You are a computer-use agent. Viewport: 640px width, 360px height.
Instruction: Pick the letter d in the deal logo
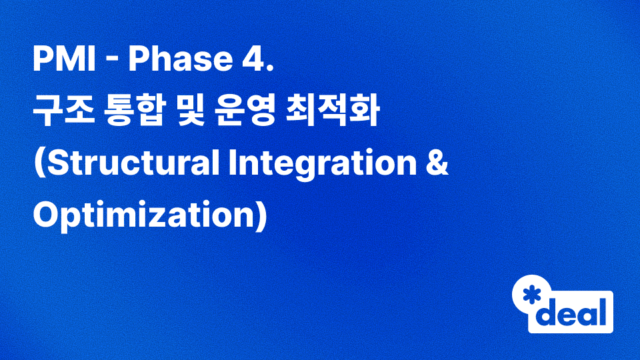(547, 312)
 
